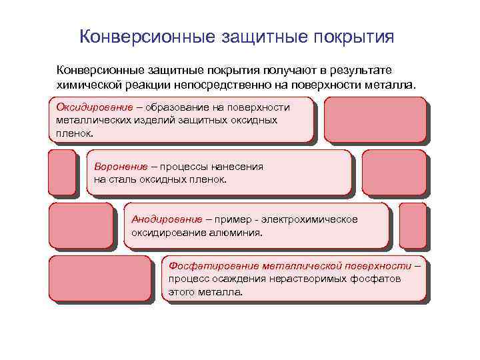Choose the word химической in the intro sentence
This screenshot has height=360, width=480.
pyautogui.click(x=89, y=85)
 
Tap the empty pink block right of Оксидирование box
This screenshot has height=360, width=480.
pyautogui.click(x=374, y=119)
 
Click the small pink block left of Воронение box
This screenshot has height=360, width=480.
pyautogui.click(x=62, y=172)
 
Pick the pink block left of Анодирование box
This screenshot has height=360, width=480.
pyautogui.click(x=81, y=225)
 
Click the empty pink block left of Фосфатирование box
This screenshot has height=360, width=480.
pyautogui.click(x=101, y=279)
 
